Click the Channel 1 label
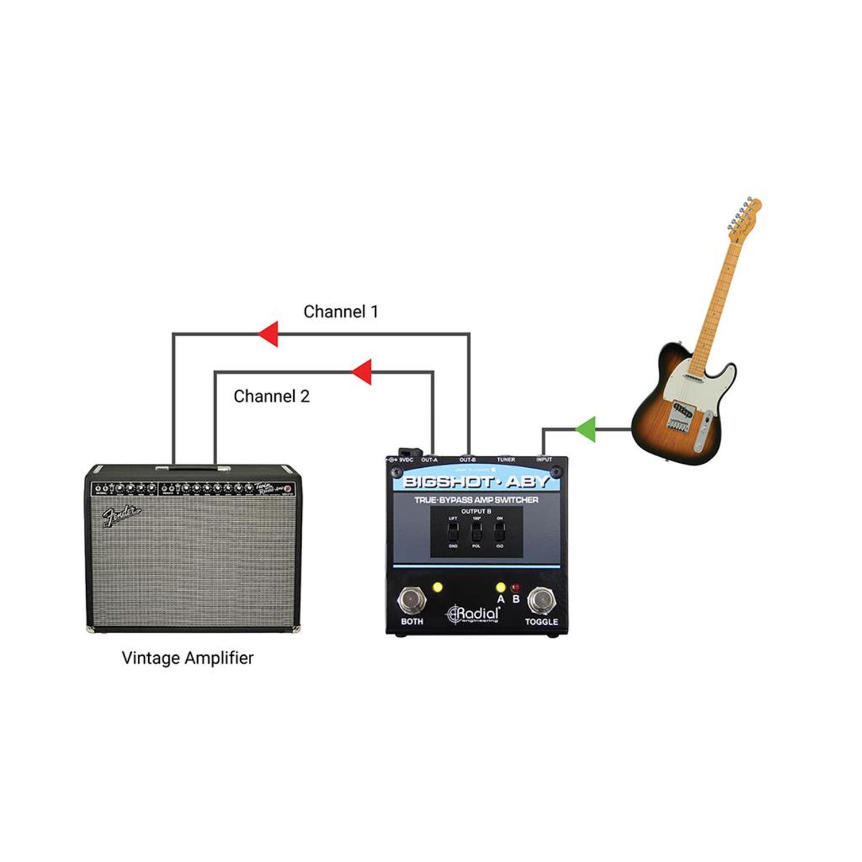point(341,312)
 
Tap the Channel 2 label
point(271,397)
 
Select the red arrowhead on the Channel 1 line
point(268,334)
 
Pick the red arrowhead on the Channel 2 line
point(363,372)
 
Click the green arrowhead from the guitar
point(586,429)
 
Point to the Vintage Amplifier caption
point(187,658)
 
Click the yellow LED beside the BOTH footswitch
point(438,588)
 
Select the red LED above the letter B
point(515,587)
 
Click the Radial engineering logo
point(474,614)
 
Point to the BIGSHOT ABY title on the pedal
point(476,482)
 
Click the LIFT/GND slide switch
point(453,532)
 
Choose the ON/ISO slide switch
point(499,532)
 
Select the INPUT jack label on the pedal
point(544,460)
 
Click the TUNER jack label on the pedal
point(506,460)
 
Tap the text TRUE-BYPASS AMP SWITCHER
point(476,500)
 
